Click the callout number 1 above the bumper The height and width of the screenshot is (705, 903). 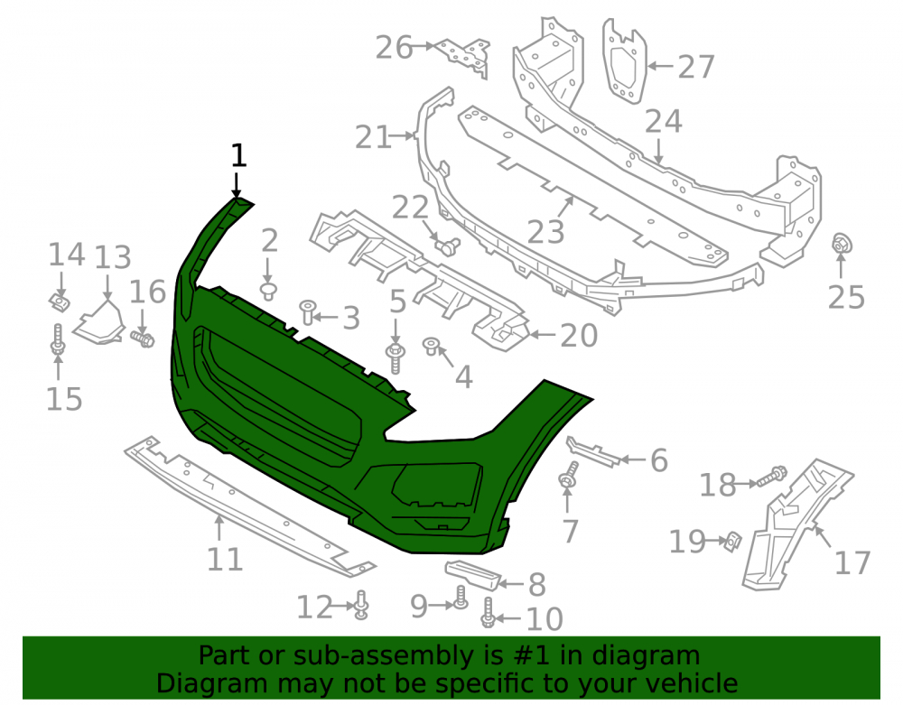tap(238, 155)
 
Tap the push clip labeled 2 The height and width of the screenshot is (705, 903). tap(268, 292)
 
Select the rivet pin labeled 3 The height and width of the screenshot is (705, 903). tap(308, 312)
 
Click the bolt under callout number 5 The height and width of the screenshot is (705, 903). tap(396, 358)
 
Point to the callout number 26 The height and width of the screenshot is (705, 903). tap(394, 47)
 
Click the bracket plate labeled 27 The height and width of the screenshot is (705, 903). tap(624, 61)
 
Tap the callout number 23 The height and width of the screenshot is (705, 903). tap(545, 231)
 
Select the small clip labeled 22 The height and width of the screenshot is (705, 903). tap(448, 246)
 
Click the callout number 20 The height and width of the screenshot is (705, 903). tap(579, 336)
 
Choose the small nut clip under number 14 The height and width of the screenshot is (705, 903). tap(59, 302)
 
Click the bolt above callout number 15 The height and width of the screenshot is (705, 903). tap(58, 339)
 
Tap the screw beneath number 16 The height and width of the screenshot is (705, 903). tap(143, 339)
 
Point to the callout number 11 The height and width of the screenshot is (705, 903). tap(225, 559)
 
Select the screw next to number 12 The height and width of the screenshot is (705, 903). tap(361, 605)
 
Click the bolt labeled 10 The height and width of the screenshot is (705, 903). tap(488, 613)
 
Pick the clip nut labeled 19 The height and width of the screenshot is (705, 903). tap(732, 541)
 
